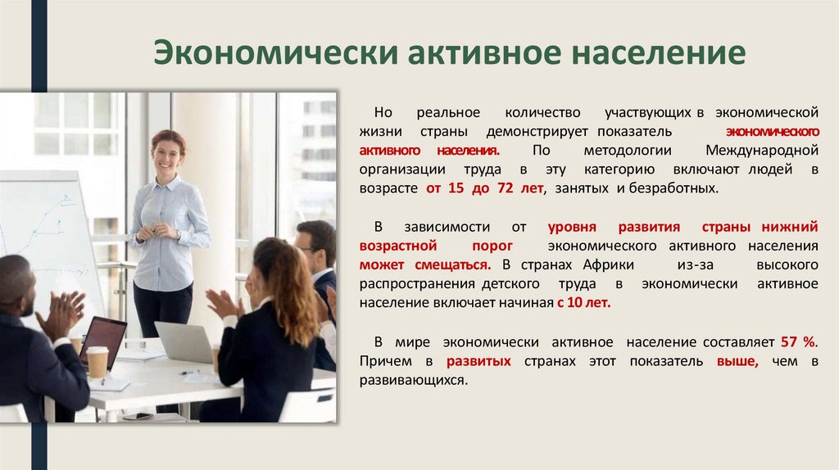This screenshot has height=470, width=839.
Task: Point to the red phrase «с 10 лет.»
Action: pos(584,302)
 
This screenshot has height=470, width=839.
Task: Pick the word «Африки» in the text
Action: pos(610,264)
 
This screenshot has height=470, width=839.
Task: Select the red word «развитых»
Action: pos(479,360)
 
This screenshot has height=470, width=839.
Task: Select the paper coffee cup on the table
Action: pos(98,361)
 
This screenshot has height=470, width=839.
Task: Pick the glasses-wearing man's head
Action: pos(315,243)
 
